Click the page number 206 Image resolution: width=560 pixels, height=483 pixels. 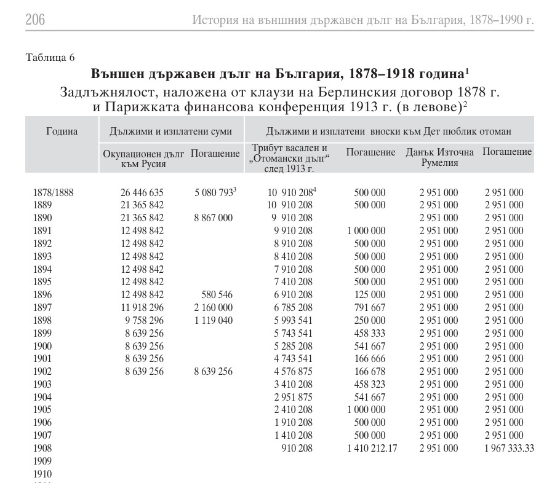pyautogui.click(x=35, y=20)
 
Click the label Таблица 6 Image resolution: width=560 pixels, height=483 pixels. pyautogui.click(x=50, y=58)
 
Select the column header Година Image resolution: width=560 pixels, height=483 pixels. pyautogui.click(x=62, y=131)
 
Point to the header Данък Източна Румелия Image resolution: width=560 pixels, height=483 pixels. pyautogui.click(x=439, y=157)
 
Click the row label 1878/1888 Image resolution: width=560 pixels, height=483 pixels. pyautogui.click(x=53, y=192)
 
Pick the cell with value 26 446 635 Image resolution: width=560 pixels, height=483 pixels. pyautogui.click(x=142, y=192)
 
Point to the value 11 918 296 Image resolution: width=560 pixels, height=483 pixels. pyautogui.click(x=142, y=307)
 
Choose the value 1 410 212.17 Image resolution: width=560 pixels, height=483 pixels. pyautogui.click(x=372, y=448)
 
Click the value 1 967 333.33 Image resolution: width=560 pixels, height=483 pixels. pyautogui.click(x=508, y=448)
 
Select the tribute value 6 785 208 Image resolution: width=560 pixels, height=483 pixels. pyautogui.click(x=294, y=307)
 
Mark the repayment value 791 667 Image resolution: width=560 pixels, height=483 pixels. pyautogui.click(x=370, y=307)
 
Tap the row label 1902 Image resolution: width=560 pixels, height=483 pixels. pyautogui.click(x=42, y=371)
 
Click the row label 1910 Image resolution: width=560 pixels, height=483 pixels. pyautogui.click(x=42, y=474)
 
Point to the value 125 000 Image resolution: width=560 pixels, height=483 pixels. pyautogui.click(x=370, y=294)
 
